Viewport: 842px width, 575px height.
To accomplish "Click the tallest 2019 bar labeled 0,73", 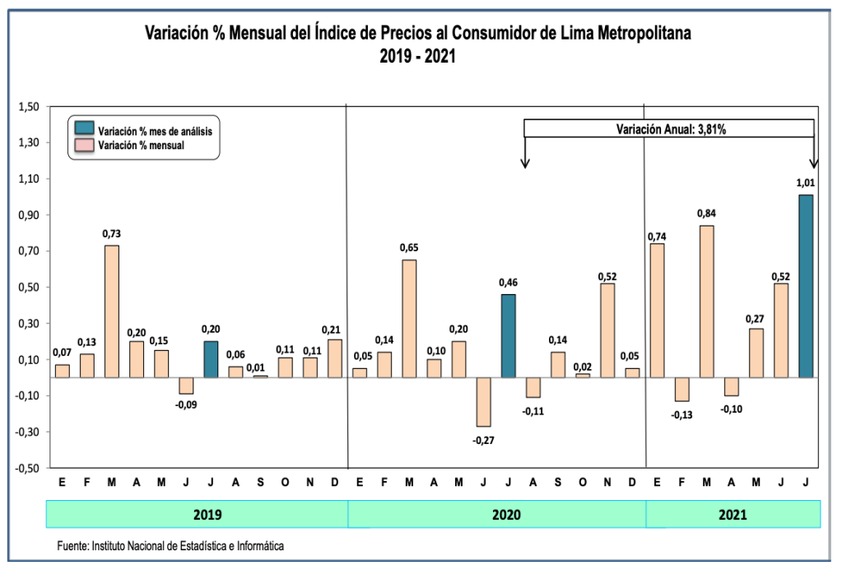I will click(112, 311).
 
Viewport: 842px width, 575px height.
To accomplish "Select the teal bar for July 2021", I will click(806, 287).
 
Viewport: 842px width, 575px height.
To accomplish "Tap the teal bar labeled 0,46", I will click(508, 336).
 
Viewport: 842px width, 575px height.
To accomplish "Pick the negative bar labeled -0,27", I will click(483, 402).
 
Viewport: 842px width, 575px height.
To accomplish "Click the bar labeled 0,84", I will click(707, 302).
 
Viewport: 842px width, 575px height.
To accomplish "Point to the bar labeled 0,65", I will click(409, 319).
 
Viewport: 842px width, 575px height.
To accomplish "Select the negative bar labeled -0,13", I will click(682, 390).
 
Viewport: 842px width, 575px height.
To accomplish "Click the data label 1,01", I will click(806, 183).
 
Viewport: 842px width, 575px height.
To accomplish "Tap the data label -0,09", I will click(186, 404).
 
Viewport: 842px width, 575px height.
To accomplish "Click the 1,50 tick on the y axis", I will click(29, 107).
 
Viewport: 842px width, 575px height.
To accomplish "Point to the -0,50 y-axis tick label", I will click(27, 468).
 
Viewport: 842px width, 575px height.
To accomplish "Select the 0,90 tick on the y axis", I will click(29, 215).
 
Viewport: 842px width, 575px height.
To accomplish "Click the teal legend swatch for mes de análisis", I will click(84, 129).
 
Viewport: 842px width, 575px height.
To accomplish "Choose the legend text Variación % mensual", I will click(140, 145).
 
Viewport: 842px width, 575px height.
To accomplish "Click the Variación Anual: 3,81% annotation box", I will click(669, 129).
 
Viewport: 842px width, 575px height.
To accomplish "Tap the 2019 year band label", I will click(207, 515).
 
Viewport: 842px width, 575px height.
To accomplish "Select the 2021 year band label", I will click(732, 515).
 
